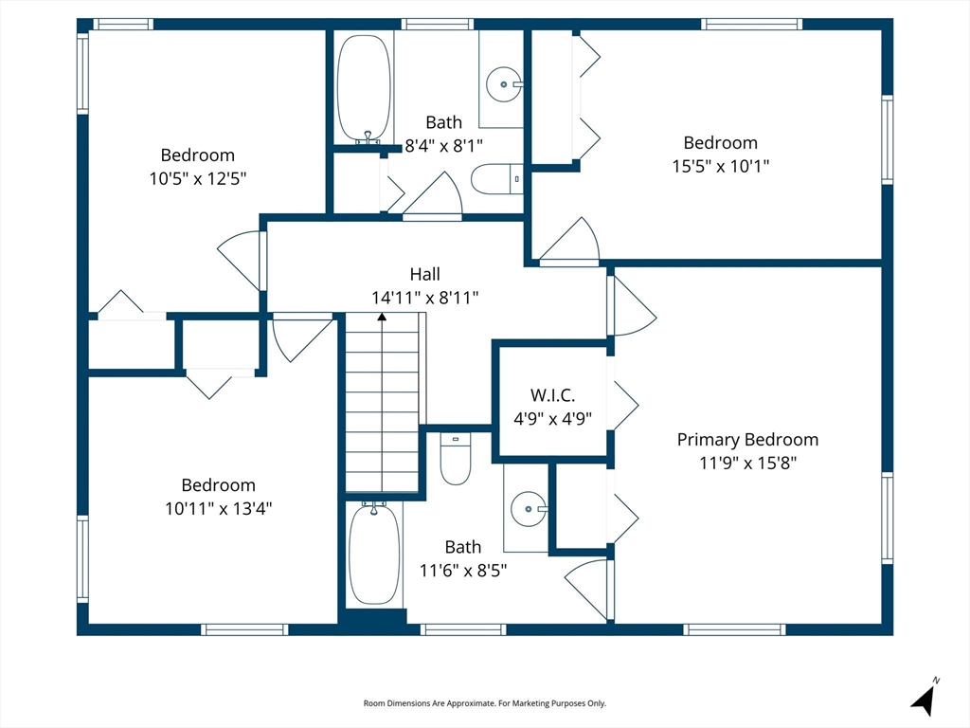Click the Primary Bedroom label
coord(747,440)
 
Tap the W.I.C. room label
coord(552,395)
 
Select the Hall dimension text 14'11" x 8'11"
coord(425,298)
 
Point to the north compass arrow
coord(925,699)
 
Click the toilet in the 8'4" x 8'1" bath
coord(496,179)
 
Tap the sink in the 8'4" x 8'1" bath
coord(504,84)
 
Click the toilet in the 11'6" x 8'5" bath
coord(456,459)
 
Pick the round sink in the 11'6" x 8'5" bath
coord(529,509)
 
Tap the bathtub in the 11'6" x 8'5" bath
coord(373,554)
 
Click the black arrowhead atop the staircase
coord(383,317)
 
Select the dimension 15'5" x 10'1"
coord(721,166)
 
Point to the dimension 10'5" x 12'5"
coord(198,178)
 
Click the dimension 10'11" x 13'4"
coord(219,508)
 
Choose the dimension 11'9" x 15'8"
coord(748,463)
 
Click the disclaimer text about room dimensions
coord(484,703)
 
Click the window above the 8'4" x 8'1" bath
coord(437,24)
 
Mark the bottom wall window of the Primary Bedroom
coord(734,629)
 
